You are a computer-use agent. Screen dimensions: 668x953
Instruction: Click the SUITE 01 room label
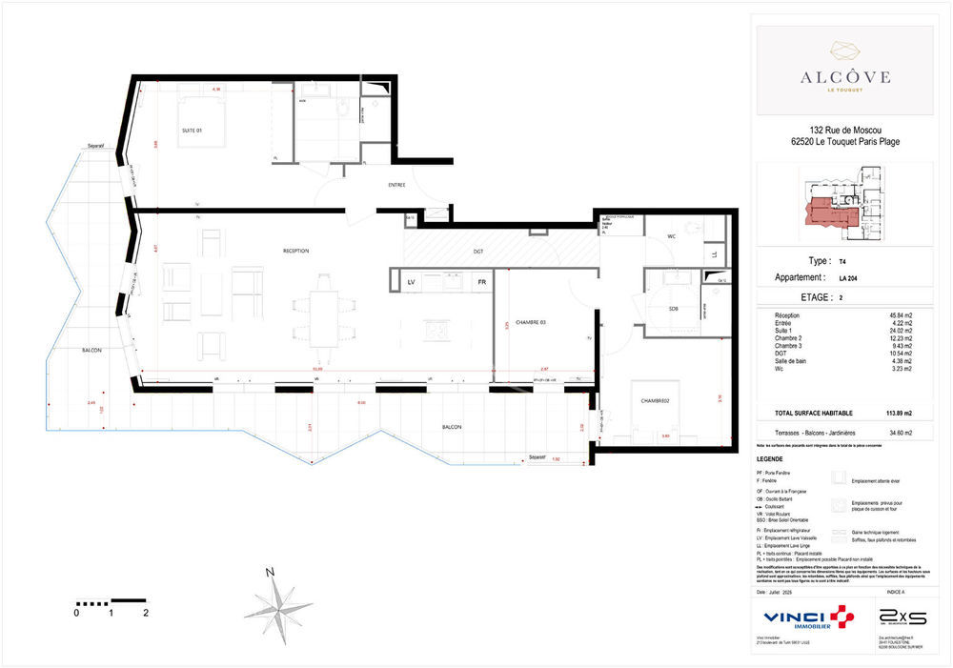pos(193,130)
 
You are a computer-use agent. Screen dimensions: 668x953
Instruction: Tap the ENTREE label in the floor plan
pos(397,185)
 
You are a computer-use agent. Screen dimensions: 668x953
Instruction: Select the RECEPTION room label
pos(296,251)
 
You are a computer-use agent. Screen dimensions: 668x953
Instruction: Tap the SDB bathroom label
pos(674,308)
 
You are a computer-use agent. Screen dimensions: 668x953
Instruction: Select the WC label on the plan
pos(672,236)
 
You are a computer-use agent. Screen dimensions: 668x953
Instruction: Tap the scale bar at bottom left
pos(111,603)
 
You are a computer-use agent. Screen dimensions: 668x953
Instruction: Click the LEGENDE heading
pos(769,458)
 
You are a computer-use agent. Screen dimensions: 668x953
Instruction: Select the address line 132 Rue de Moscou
pos(844,131)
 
